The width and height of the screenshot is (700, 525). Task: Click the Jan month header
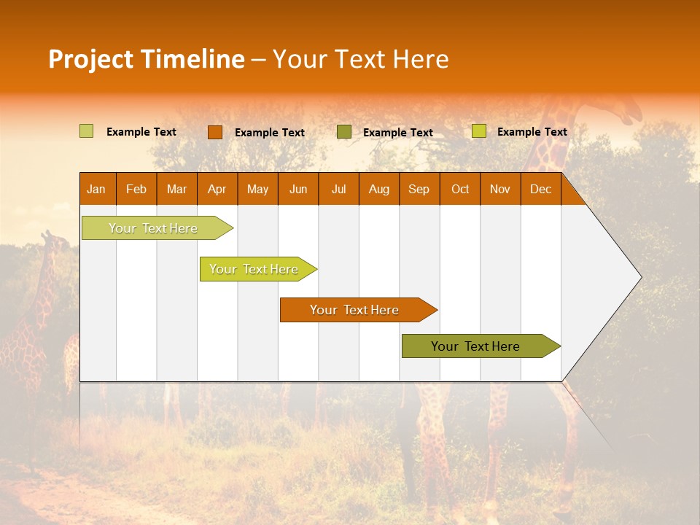pyautogui.click(x=96, y=190)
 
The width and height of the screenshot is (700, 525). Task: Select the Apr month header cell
pyautogui.click(x=217, y=190)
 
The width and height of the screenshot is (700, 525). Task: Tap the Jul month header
pyautogui.click(x=338, y=190)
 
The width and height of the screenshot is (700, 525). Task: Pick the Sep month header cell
pyautogui.click(x=419, y=190)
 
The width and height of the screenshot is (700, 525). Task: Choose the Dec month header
pyautogui.click(x=540, y=190)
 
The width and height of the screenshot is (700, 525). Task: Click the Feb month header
pyautogui.click(x=136, y=190)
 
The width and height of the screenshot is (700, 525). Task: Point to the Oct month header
pyautogui.click(x=460, y=190)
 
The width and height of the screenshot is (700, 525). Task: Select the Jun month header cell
pyautogui.click(x=298, y=190)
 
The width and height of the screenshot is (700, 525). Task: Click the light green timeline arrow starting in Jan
pyautogui.click(x=153, y=228)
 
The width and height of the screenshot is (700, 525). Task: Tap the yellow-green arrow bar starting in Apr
pyautogui.click(x=254, y=269)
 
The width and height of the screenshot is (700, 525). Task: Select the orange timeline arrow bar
pyautogui.click(x=354, y=310)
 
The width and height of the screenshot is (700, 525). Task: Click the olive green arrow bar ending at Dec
pyautogui.click(x=475, y=346)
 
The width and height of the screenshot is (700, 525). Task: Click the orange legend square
pyautogui.click(x=214, y=132)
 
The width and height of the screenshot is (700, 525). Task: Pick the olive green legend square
pyautogui.click(x=344, y=131)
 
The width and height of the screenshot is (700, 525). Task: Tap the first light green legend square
pyautogui.click(x=86, y=131)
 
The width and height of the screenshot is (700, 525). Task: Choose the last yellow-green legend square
pyautogui.click(x=478, y=131)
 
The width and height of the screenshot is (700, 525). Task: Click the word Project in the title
pyautogui.click(x=90, y=59)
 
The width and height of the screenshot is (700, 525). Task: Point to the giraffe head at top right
pyautogui.click(x=626, y=110)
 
